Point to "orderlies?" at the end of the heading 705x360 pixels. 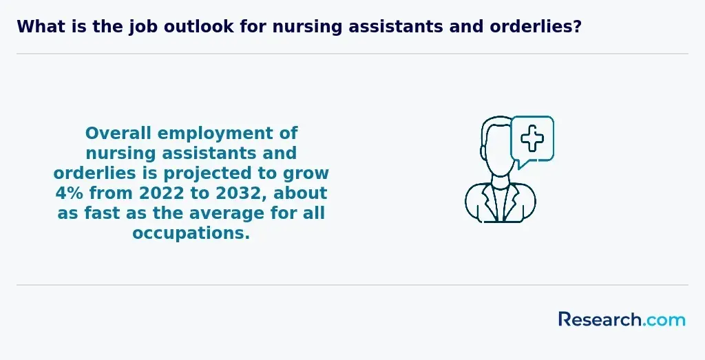coord(536,27)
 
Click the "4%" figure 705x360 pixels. coord(70,193)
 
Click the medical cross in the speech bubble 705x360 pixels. coord(532,138)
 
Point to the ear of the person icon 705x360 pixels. coord(483,151)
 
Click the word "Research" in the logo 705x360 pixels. coord(600,319)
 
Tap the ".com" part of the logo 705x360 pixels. coord(664,321)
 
